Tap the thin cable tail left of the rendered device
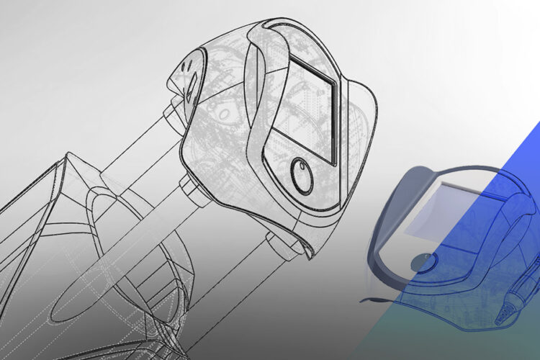pos(371,297)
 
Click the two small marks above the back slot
pos(189,66)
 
